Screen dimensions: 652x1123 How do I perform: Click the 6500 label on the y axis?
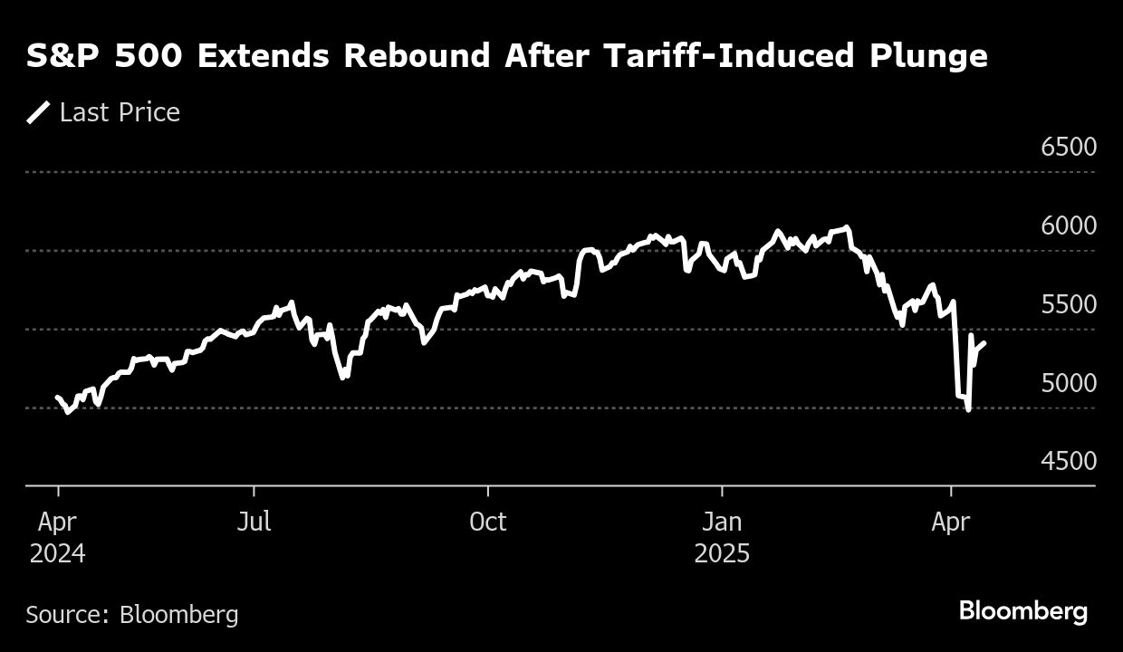[x=1069, y=147]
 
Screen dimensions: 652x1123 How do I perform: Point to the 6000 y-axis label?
[x=1069, y=225]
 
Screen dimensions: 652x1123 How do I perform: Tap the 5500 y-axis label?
[x=1069, y=304]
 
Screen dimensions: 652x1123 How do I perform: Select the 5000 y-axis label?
[x=1069, y=383]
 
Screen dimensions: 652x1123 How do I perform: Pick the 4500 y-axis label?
[x=1069, y=461]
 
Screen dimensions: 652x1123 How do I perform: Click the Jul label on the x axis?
[x=254, y=522]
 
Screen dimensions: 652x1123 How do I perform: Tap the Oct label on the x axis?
[x=488, y=522]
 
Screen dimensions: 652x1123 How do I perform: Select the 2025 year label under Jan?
[x=722, y=553]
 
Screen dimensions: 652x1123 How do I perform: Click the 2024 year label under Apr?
[x=58, y=553]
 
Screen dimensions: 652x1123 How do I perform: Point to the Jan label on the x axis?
[x=722, y=522]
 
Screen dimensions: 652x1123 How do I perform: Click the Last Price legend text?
[x=120, y=112]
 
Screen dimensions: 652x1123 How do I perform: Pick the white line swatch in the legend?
[x=38, y=112]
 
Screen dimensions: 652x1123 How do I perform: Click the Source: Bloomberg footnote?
[x=132, y=615]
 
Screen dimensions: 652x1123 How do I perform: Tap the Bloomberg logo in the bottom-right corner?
[x=1023, y=611]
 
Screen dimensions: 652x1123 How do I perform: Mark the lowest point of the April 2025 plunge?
[x=969, y=410]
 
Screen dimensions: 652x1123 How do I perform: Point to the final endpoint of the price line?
[x=984, y=342]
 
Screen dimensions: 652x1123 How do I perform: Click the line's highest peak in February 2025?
[x=847, y=227]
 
